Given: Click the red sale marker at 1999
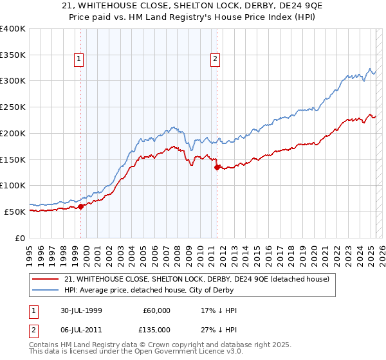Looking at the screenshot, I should pyautogui.click(x=81, y=206).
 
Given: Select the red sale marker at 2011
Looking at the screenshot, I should pyautogui.click(x=217, y=167).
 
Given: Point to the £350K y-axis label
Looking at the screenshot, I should pyautogui.click(x=12, y=55).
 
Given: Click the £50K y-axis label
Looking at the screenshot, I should pyautogui.click(x=15, y=212).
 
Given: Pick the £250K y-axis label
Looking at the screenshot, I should pyautogui.click(x=12, y=107).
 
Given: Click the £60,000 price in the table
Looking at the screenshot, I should pyautogui.click(x=158, y=310).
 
